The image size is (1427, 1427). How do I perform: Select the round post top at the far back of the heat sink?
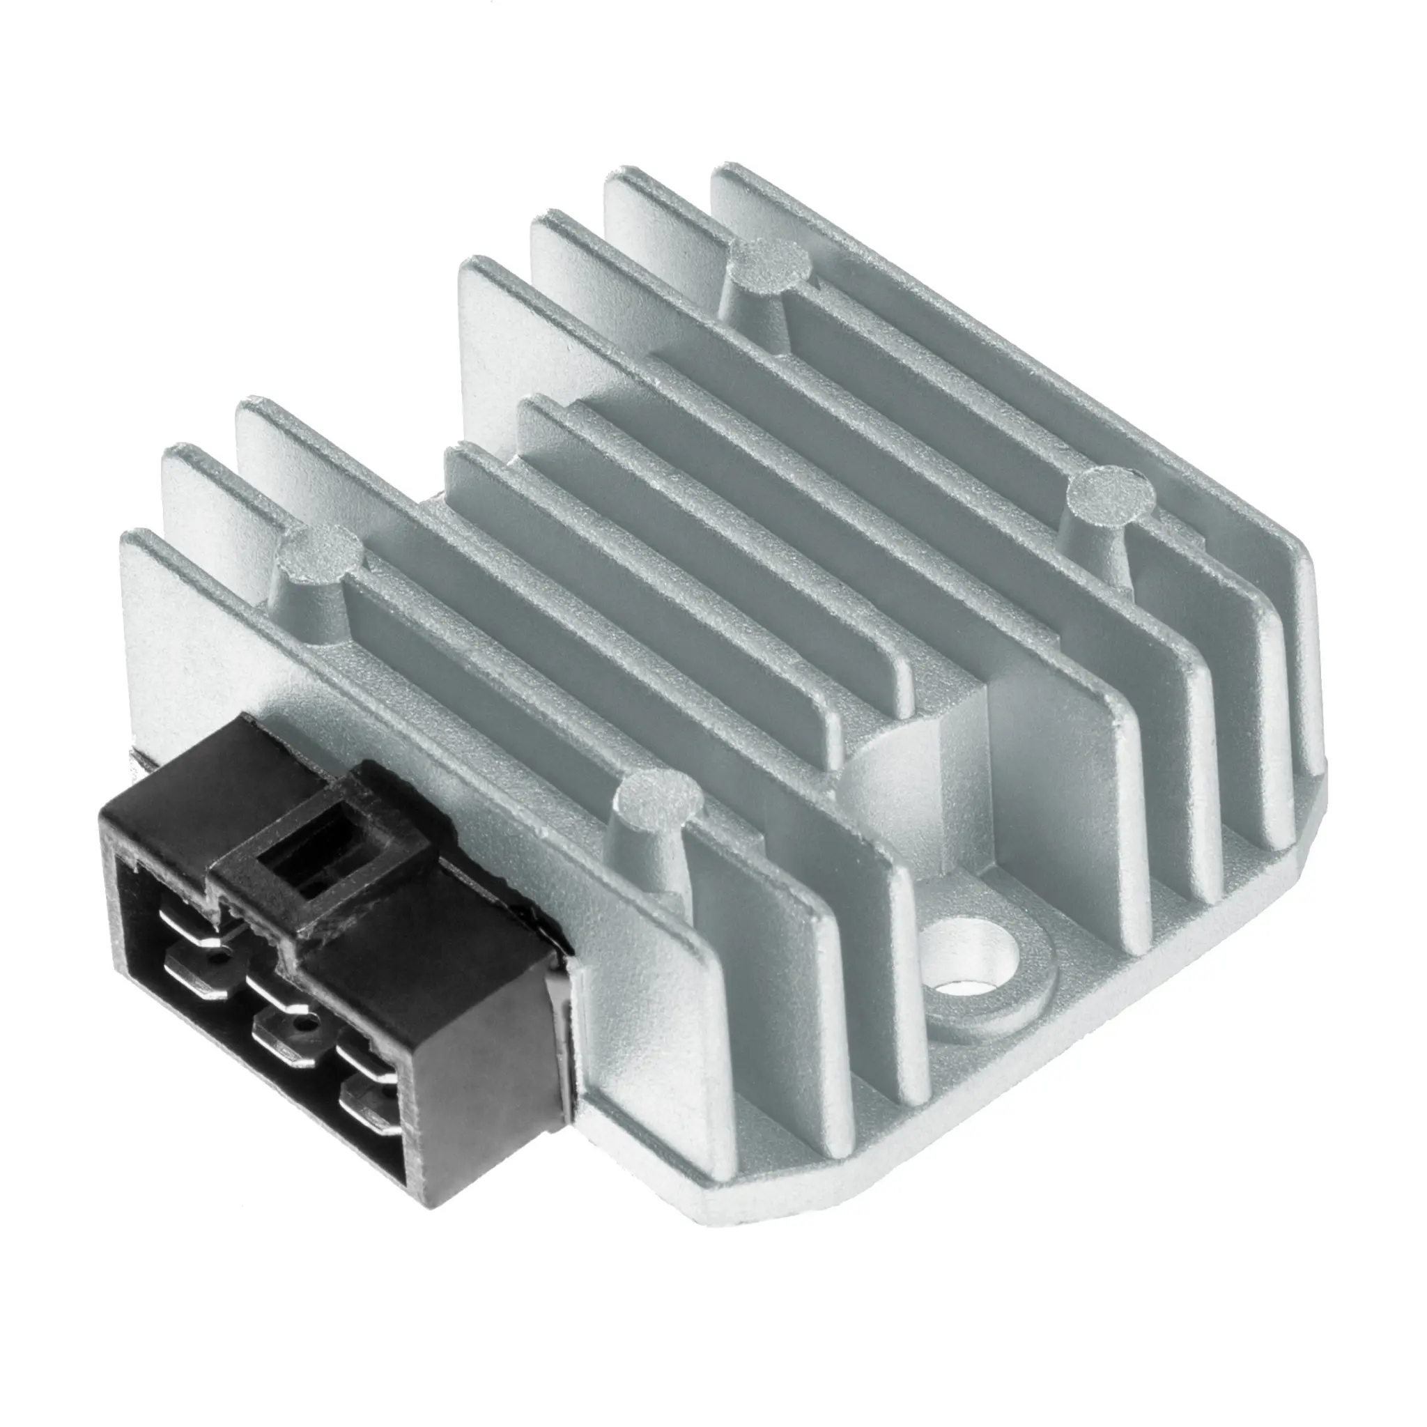coord(766,261)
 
